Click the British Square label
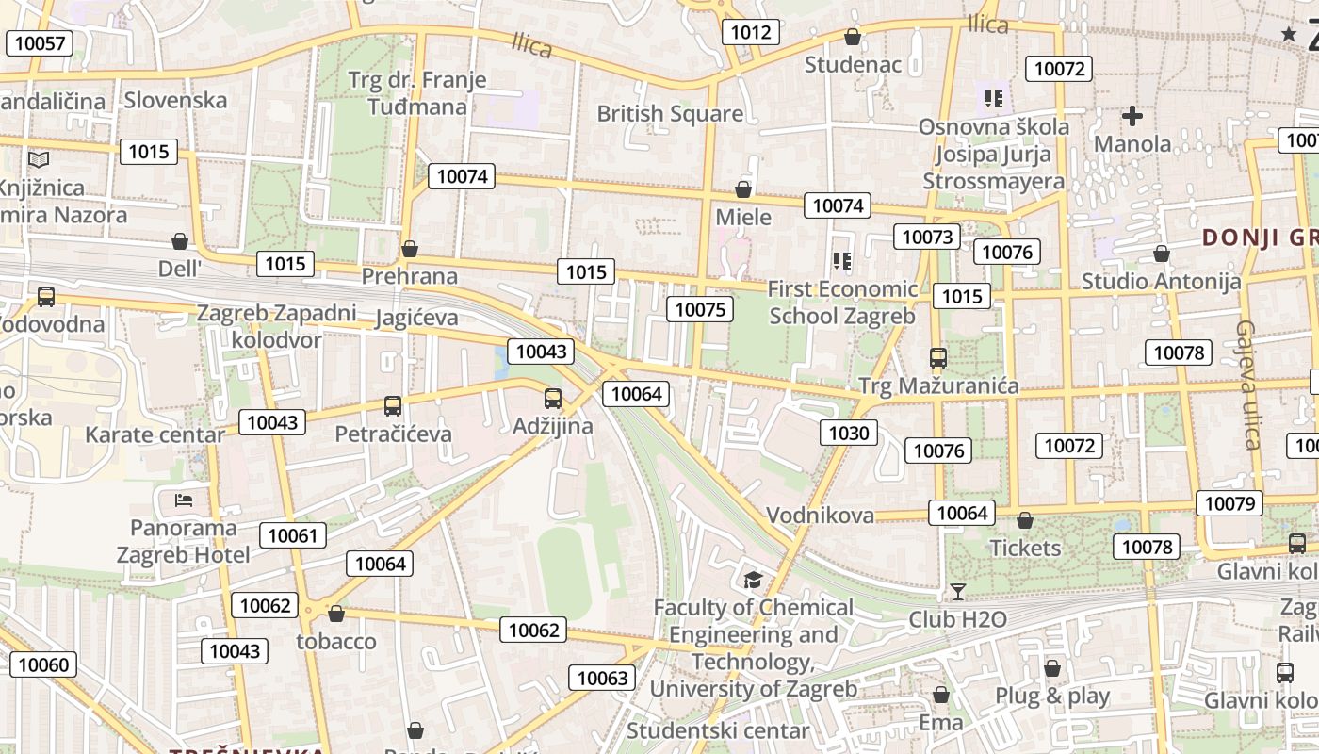(670, 114)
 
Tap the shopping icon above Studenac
(852, 37)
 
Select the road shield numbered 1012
(751, 33)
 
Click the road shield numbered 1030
(849, 433)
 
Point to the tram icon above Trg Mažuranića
(937, 358)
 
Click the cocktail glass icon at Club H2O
(957, 592)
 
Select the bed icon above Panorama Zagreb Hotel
(184, 500)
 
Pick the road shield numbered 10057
(41, 42)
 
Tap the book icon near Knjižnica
(39, 160)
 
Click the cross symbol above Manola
(1132, 116)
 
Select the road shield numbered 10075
(700, 309)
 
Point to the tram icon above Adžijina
(553, 399)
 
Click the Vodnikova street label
(820, 516)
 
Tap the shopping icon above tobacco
(335, 615)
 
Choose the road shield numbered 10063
(602, 678)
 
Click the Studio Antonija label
(1161, 281)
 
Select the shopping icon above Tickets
(1025, 520)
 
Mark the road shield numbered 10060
(43, 664)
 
